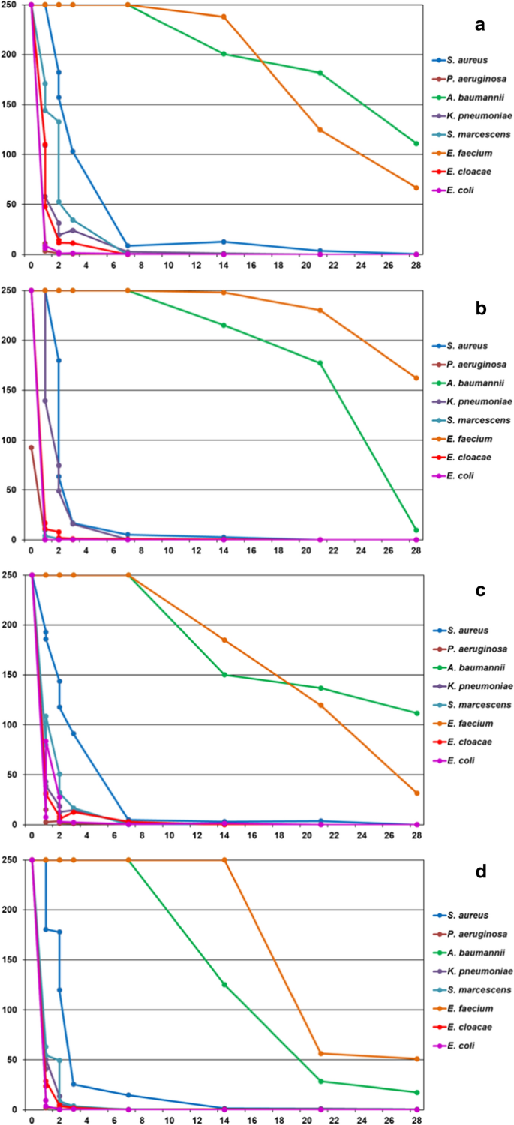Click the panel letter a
point(479,25)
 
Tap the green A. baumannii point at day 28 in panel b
point(416,530)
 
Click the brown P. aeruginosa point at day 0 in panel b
point(31,447)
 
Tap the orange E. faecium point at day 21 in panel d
point(320,1053)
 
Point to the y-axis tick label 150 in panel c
point(14,675)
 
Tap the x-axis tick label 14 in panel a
point(224,265)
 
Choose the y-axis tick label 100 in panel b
point(14,440)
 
